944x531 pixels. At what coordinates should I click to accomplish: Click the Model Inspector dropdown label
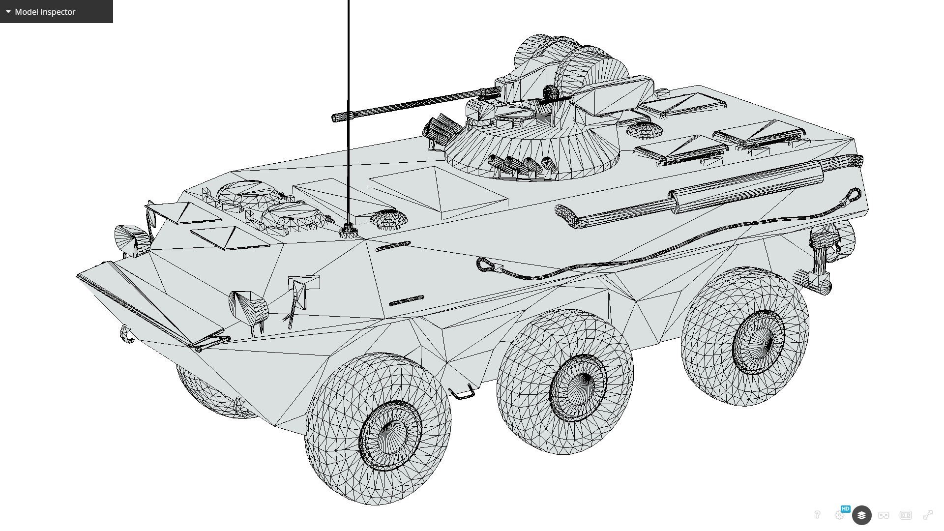pyautogui.click(x=45, y=12)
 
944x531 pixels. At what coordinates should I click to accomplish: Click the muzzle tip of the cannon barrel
pyautogui.click(x=336, y=117)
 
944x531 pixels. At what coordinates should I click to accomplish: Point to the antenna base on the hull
pyautogui.click(x=347, y=231)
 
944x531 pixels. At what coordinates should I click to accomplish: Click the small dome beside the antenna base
pyautogui.click(x=388, y=219)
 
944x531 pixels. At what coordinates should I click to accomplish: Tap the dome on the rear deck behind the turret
pyautogui.click(x=645, y=130)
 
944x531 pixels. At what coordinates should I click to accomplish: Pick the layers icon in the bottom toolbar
pyautogui.click(x=861, y=515)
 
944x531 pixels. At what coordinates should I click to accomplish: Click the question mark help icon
pyautogui.click(x=817, y=515)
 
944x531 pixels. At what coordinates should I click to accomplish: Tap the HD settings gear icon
pyautogui.click(x=840, y=515)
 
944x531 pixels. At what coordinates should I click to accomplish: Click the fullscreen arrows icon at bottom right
pyautogui.click(x=928, y=515)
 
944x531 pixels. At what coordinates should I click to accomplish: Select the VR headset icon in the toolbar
pyautogui.click(x=884, y=515)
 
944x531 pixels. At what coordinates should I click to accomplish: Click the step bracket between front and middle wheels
pyautogui.click(x=462, y=393)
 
